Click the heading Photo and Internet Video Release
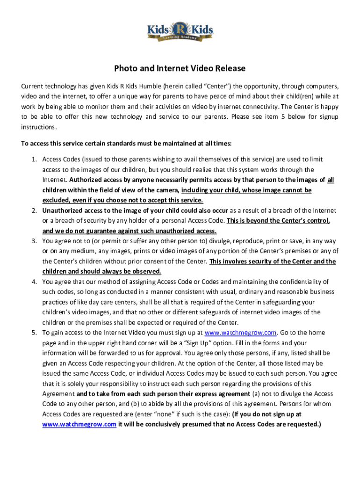(180, 69)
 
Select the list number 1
(34, 160)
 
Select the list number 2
(34, 210)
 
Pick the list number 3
(34, 241)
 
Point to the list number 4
(34, 282)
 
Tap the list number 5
(34, 333)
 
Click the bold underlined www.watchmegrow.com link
(79, 424)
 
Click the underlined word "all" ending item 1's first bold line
(331, 180)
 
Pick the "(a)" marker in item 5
(257, 394)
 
